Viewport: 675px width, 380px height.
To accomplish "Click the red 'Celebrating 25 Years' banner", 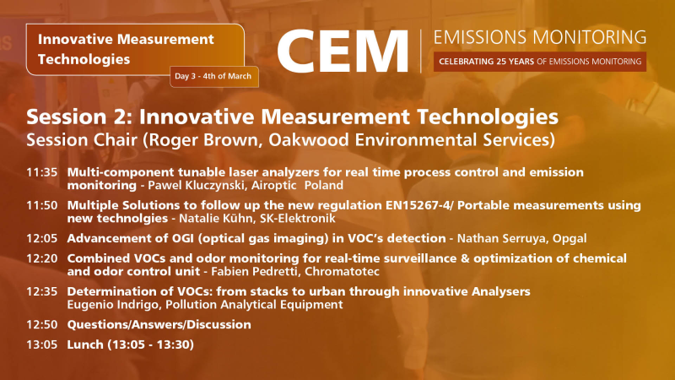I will (539, 62).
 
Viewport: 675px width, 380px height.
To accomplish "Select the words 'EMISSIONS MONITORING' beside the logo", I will (539, 37).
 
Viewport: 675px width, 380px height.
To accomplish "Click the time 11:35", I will (41, 172).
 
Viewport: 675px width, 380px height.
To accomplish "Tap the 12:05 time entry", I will (41, 237).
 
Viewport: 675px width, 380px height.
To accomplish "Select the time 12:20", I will (41, 258).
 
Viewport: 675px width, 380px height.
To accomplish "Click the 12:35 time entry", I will (41, 291).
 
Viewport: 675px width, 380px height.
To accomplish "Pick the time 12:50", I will (41, 324).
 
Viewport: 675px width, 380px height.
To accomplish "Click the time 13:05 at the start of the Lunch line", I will (41, 345).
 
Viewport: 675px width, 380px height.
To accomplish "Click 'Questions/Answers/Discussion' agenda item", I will (159, 324).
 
